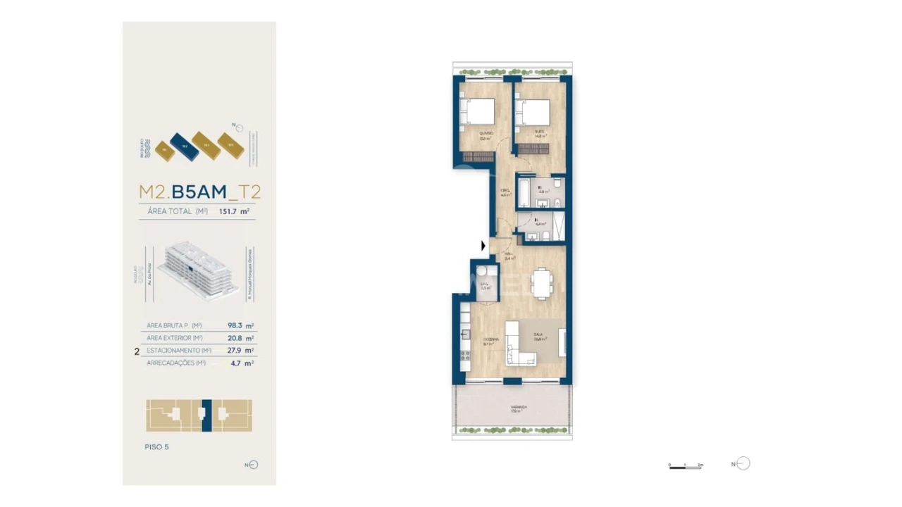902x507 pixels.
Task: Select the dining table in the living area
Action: (x=541, y=284)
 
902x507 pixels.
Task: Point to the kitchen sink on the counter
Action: (x=465, y=334)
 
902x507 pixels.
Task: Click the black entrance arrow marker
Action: (x=483, y=246)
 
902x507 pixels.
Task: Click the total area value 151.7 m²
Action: (x=235, y=211)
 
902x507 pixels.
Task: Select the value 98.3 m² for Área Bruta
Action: (x=240, y=325)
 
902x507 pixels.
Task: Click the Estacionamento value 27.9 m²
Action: (x=240, y=350)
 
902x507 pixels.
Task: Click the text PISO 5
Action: (x=156, y=446)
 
